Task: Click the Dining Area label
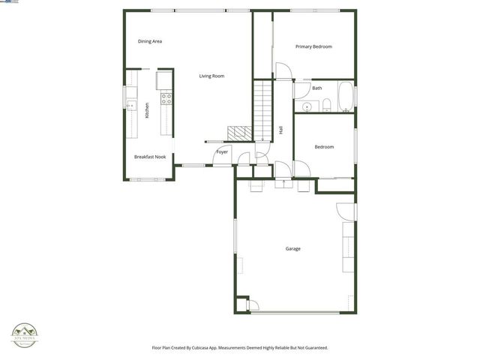[150, 41]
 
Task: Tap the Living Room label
[211, 76]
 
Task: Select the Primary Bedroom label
[313, 46]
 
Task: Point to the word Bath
[317, 88]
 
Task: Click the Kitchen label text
[147, 110]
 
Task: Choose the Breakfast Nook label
[150, 157]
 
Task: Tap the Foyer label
[222, 152]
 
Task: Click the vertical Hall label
[280, 130]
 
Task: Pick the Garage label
[292, 248]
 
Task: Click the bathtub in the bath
[345, 97]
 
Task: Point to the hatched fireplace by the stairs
[240, 133]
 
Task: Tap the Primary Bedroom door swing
[284, 71]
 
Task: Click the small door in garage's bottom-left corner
[253, 305]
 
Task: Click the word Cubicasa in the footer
[207, 348]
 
